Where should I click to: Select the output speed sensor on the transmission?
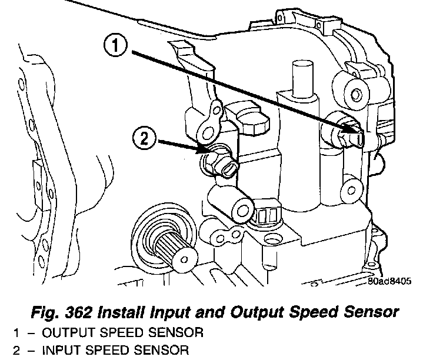(x=351, y=136)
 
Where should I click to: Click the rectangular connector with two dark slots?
(x=267, y=215)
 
